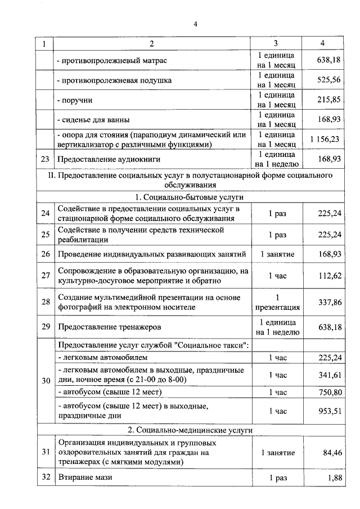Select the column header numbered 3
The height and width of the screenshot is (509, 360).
tap(276, 44)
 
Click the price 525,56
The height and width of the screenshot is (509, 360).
tap(328, 80)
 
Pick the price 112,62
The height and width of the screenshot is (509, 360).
tap(330, 276)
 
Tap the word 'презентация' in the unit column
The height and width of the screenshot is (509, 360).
tap(277, 308)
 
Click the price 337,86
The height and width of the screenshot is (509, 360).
tap(330, 302)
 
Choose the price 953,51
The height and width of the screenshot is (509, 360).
tap(330, 411)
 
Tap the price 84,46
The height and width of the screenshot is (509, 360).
tap(331, 452)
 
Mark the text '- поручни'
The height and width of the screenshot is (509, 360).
tap(75, 100)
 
